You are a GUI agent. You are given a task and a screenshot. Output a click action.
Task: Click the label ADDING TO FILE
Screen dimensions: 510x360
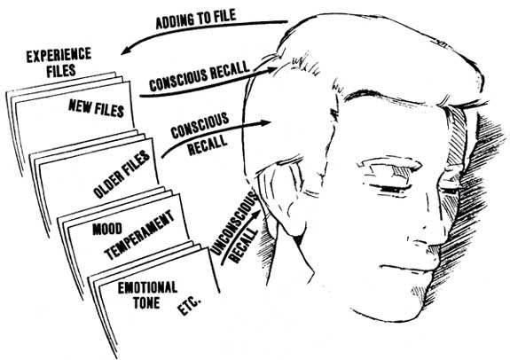[x=196, y=19]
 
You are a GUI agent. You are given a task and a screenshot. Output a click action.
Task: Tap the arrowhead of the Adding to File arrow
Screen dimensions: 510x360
[x=127, y=50]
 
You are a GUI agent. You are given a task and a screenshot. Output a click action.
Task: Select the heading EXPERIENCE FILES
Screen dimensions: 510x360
[x=59, y=63]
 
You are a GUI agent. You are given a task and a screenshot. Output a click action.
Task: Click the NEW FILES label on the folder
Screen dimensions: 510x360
[x=97, y=108]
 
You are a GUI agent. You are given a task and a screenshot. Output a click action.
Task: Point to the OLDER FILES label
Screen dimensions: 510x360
[x=122, y=174]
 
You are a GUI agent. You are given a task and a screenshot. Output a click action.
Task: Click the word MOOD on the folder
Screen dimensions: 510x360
[x=107, y=229]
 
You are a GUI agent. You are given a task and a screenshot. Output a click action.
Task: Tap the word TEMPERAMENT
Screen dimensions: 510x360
[x=139, y=235]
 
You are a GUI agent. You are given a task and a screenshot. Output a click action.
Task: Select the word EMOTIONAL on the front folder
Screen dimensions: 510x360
[x=147, y=288]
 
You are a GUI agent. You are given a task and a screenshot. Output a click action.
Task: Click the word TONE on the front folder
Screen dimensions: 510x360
[x=146, y=303]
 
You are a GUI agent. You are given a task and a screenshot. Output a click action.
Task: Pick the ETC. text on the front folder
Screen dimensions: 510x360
[x=189, y=306]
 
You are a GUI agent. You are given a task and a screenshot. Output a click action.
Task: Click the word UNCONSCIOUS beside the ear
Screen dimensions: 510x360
[x=234, y=223]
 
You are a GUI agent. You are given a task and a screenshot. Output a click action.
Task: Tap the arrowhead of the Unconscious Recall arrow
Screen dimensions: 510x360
[x=257, y=215]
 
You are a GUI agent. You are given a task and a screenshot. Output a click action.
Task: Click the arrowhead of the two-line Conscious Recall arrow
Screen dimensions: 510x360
[x=265, y=123]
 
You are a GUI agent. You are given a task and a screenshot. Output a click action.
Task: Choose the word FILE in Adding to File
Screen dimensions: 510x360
[x=223, y=16]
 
